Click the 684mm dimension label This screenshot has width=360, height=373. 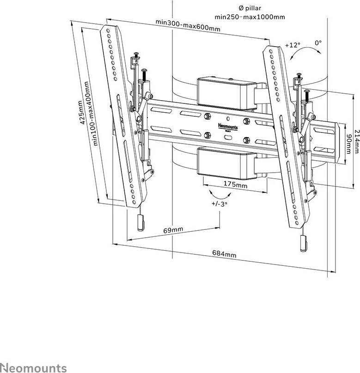tap(224, 253)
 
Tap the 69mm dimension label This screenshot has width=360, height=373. tap(173, 229)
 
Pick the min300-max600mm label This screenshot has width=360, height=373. tap(187, 25)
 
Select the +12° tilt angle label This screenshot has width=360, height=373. tap(292, 45)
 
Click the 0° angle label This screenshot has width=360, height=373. tap(318, 42)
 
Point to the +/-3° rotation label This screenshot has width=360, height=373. tap(220, 204)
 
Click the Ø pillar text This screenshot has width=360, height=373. tap(250, 8)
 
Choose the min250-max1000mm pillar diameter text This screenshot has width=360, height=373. tap(250, 17)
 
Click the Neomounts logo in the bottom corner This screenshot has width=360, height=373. tap(33, 367)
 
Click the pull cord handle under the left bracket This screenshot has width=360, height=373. tap(140, 223)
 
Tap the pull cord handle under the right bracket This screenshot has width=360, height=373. tap(303, 243)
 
